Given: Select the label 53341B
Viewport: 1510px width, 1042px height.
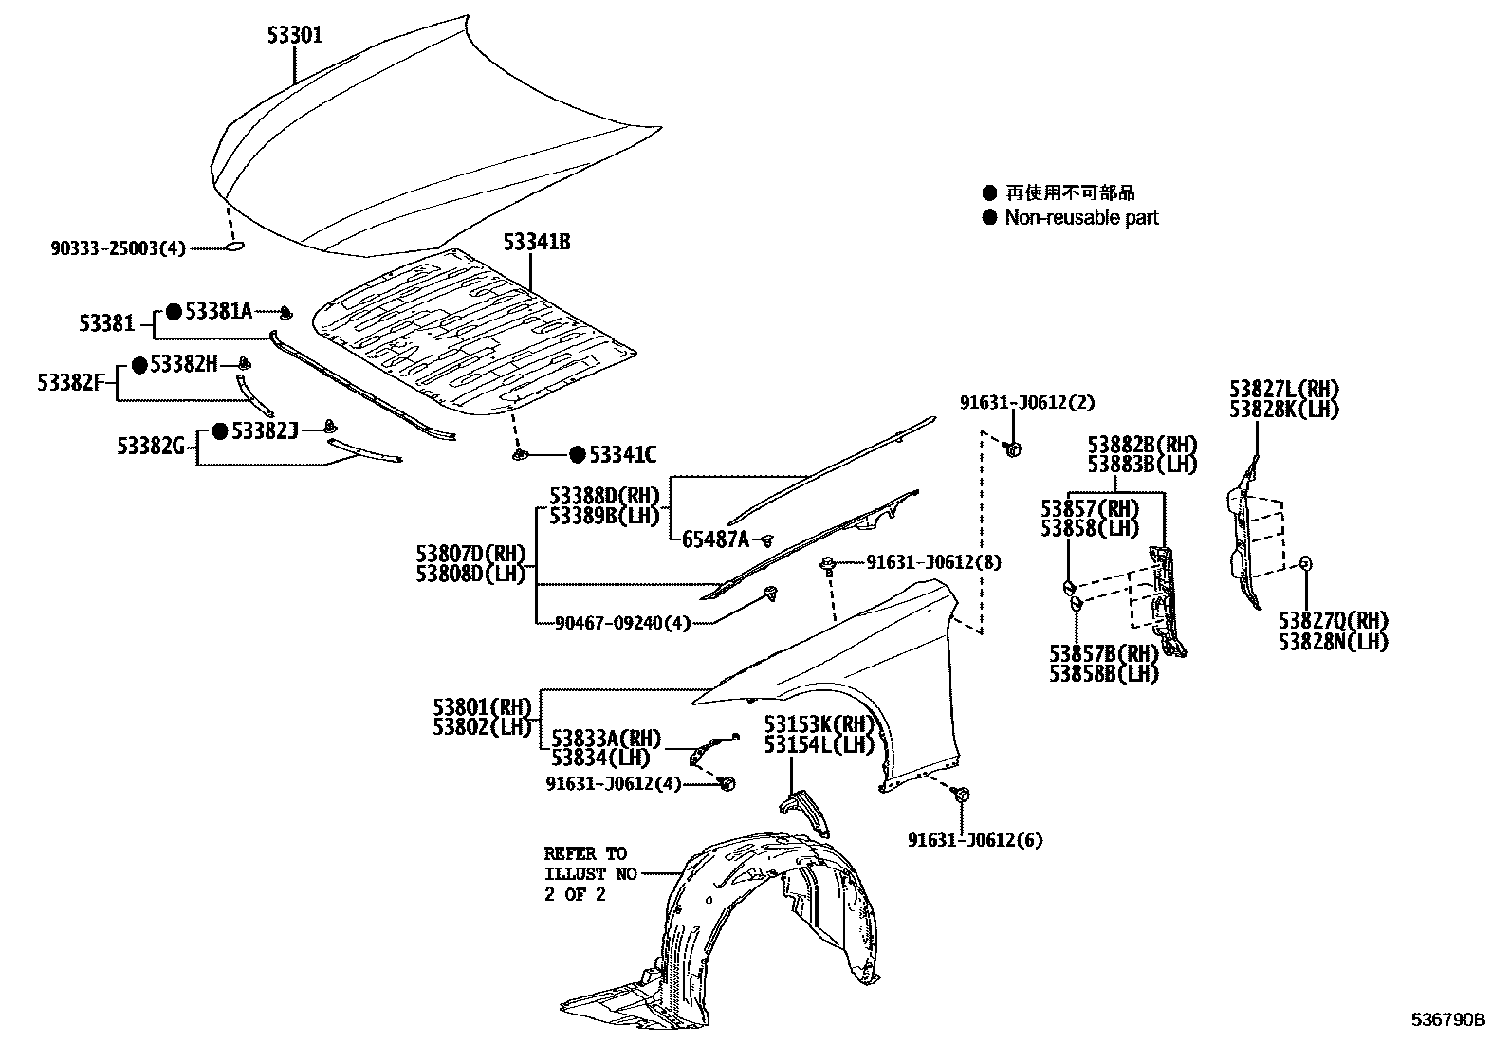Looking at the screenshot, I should [537, 243].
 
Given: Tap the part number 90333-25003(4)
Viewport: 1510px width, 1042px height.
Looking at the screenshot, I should [119, 248].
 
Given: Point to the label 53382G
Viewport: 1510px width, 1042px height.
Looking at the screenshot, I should [151, 446].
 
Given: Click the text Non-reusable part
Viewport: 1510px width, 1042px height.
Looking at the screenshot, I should [1081, 218].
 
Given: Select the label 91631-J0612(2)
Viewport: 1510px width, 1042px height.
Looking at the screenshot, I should [1026, 403].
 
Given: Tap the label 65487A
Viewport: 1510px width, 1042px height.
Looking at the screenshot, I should [715, 539].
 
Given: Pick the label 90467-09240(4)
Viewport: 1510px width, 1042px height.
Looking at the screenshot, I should [623, 623].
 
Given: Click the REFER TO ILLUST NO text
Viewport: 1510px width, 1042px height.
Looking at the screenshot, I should [589, 873].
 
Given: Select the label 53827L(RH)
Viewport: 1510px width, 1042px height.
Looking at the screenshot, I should [1283, 389].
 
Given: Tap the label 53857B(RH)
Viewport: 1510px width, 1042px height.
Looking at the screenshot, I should [1104, 653].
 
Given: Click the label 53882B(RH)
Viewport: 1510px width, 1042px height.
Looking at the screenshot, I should [1142, 444].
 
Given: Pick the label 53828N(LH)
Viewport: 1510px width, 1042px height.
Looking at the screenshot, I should [1333, 642].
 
